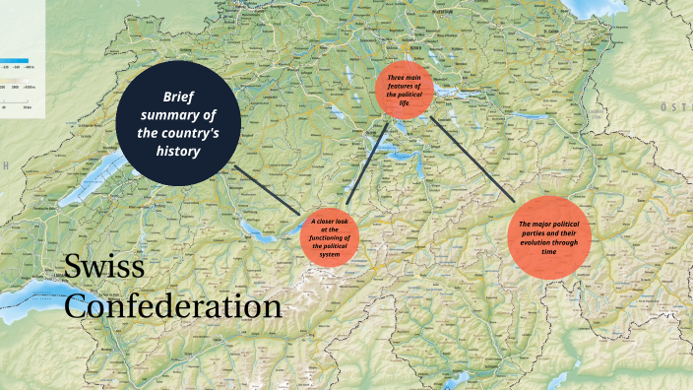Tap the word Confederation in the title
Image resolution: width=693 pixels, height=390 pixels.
[173, 306]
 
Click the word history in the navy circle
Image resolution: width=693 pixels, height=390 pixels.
[183, 152]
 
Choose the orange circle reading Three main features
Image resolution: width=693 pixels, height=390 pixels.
[405, 91]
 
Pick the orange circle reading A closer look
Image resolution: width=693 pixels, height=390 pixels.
[331, 238]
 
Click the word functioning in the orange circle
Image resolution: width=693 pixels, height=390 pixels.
[331, 237]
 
